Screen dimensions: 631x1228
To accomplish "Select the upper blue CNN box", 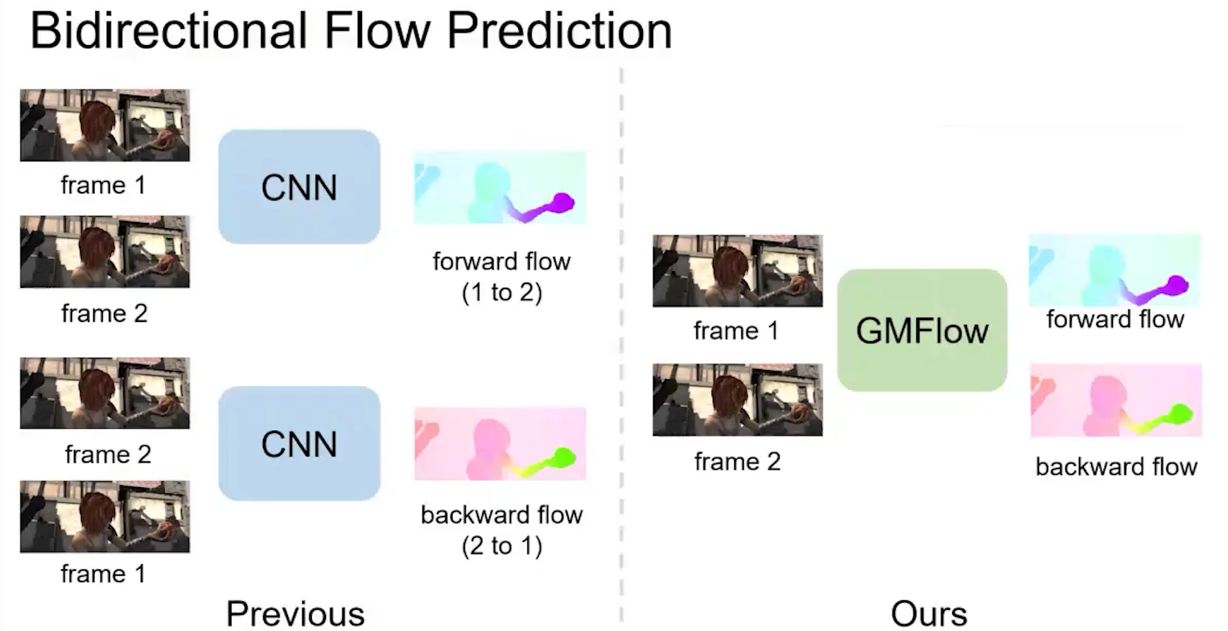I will (299, 187).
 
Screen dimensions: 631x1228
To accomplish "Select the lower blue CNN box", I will (299, 443).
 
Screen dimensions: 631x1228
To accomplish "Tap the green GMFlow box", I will (921, 330).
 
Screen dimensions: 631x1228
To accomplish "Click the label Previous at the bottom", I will (295, 613).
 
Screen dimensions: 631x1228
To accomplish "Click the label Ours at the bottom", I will (928, 613).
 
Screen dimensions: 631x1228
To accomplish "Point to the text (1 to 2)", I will (501, 292).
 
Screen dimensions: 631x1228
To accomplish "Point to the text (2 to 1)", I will (501, 546).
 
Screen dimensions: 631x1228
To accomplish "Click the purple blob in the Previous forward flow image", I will (562, 202).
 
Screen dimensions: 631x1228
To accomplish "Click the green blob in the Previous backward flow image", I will (563, 458).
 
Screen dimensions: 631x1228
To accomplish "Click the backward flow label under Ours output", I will (1116, 467).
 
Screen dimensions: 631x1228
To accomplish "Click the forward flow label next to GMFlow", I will (1115, 319).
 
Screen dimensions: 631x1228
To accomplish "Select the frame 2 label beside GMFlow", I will (737, 461).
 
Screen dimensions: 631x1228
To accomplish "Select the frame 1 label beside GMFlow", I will (736, 331).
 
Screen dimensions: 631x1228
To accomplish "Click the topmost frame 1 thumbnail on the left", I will (105, 125).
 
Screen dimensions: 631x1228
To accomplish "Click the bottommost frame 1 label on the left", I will (103, 573).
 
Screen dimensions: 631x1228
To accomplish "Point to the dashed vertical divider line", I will (621, 347).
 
